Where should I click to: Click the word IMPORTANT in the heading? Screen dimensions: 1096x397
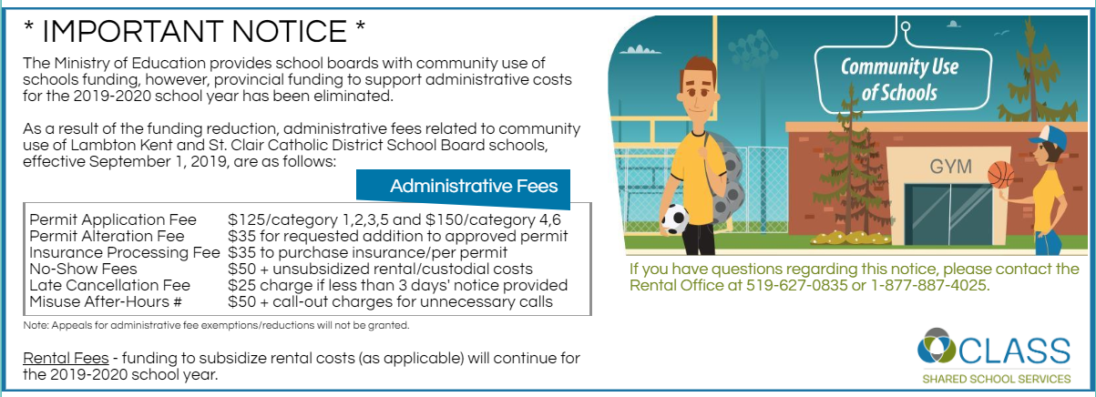195,31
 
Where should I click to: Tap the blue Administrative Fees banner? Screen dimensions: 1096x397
464,188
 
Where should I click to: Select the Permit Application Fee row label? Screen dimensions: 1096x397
113,219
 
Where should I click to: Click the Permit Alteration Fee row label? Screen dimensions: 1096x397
107,236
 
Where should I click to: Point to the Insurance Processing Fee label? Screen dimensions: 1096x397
124,253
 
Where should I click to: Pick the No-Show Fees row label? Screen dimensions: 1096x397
83,269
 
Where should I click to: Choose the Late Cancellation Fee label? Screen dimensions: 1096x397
109,285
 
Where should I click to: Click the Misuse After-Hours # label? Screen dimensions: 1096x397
106,301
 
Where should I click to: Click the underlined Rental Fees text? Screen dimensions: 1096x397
66,358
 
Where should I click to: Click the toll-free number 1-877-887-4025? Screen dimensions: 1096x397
929,285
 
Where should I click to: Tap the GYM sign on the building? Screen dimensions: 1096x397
950,167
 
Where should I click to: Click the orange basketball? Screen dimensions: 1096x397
1000,175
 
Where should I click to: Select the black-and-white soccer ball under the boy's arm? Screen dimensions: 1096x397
675,219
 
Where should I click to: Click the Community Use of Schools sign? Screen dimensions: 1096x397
903,79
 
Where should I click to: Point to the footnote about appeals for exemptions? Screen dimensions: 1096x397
216,325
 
